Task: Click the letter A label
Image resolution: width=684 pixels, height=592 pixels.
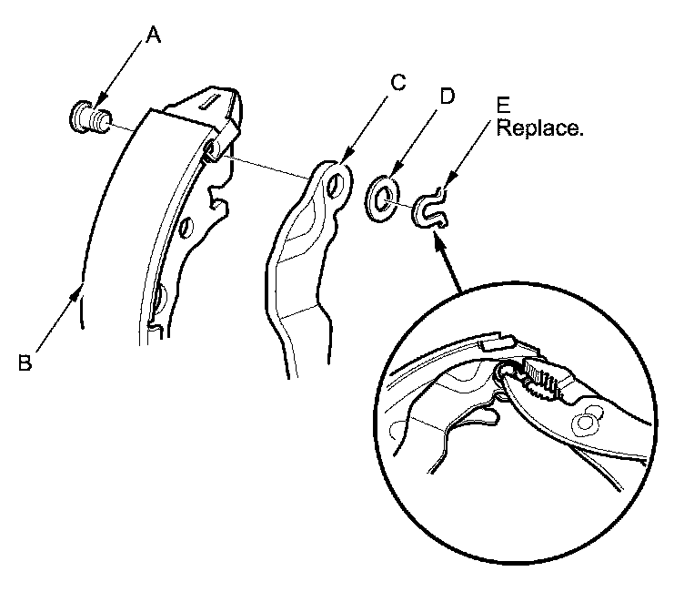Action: [x=154, y=36]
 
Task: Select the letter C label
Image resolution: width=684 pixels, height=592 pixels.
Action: [x=397, y=82]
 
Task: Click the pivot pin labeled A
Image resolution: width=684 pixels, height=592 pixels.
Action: [x=88, y=116]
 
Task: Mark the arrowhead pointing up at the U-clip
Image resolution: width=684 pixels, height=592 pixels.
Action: [x=438, y=235]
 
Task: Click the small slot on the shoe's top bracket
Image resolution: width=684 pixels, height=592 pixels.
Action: [x=212, y=95]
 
